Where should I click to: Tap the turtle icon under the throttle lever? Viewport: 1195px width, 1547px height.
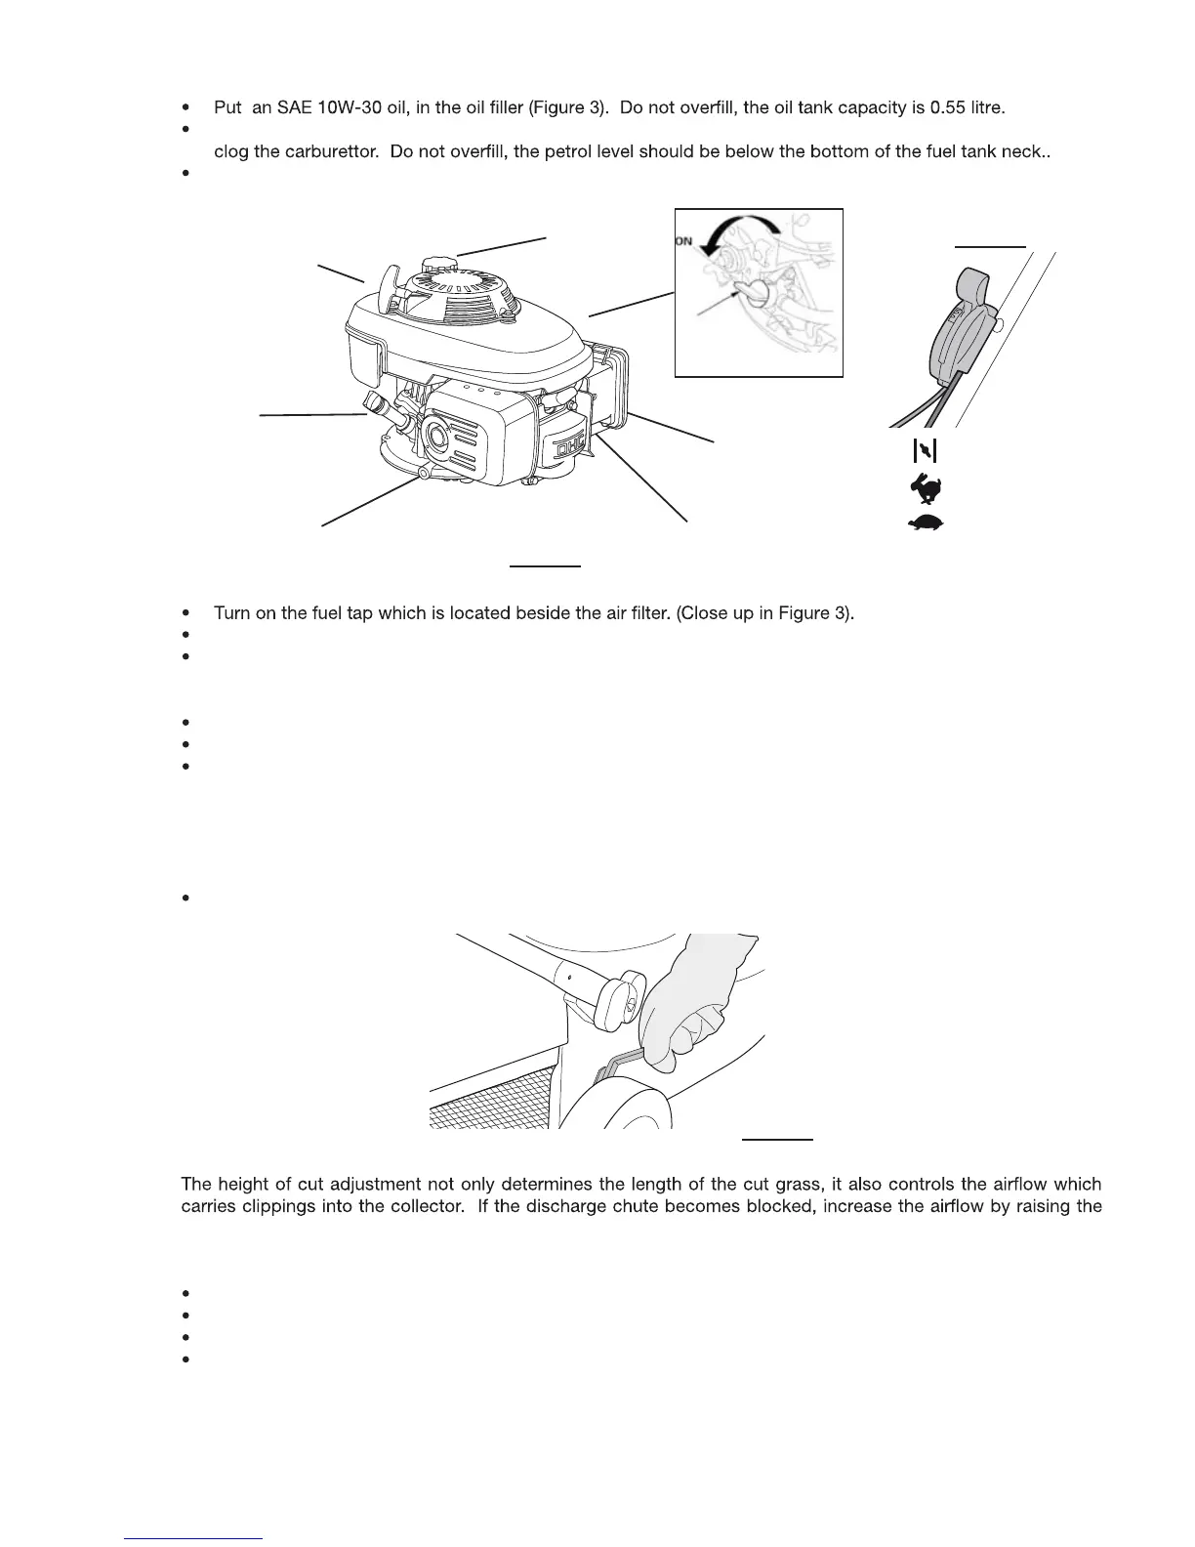(926, 522)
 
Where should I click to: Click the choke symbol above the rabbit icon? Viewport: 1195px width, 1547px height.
(924, 450)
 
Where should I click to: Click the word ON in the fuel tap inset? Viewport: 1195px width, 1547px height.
(683, 240)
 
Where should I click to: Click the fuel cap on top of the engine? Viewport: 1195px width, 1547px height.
(439, 265)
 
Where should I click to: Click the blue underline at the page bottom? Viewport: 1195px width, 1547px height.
(195, 1538)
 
